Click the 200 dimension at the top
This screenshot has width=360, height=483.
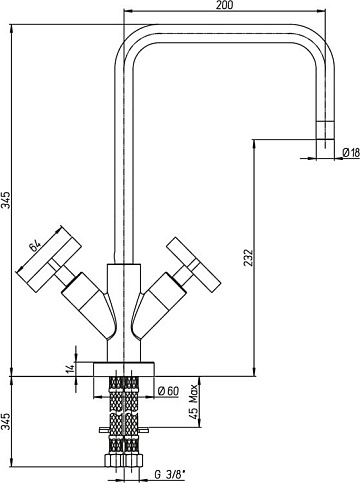coord(225,5)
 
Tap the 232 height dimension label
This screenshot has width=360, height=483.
coord(249,257)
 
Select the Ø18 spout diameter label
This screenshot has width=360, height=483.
coord(351,153)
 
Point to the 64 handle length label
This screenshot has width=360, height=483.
coord(35,246)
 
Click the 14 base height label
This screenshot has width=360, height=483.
coord(70,369)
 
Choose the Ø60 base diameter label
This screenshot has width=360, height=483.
coord(168,391)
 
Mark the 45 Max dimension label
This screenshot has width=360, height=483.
coord(193,403)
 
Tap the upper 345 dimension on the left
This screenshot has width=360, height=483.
coord(7,200)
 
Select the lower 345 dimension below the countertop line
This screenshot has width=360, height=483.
coord(7,422)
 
